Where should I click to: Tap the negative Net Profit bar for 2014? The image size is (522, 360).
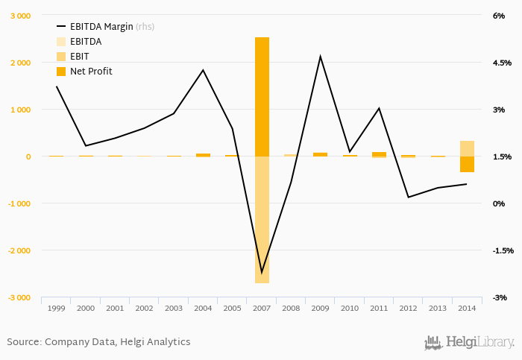[467, 165]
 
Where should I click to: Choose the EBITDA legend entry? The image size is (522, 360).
[85, 41]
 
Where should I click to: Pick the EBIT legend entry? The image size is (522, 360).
[79, 56]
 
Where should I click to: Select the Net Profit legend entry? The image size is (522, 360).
[90, 71]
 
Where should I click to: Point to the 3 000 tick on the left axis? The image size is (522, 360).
[20, 16]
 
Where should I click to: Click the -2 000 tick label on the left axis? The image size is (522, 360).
[19, 250]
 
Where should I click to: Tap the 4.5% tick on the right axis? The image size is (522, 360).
[501, 63]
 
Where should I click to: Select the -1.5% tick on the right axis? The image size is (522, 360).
[501, 250]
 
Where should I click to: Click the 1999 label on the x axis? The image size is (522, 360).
[56, 308]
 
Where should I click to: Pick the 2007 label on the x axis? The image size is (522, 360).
[262, 308]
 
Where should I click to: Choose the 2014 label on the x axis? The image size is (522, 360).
[467, 308]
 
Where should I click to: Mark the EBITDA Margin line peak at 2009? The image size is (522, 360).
[321, 57]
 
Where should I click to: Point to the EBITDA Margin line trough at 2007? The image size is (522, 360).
[262, 273]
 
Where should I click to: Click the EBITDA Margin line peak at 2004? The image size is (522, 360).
[203, 70]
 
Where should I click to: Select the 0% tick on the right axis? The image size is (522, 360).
[499, 203]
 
